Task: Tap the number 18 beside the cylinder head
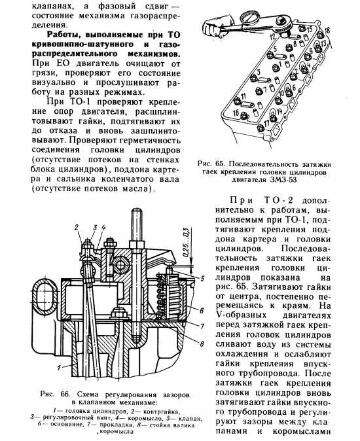coord(327,30)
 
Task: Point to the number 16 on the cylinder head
coord(236,113)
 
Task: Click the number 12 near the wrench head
coord(272,36)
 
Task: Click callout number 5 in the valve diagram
coord(202,279)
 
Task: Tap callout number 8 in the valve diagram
coord(202,344)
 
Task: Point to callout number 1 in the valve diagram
coord(60,367)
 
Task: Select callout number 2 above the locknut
coord(76,227)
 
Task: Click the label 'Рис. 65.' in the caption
coord(211,164)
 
